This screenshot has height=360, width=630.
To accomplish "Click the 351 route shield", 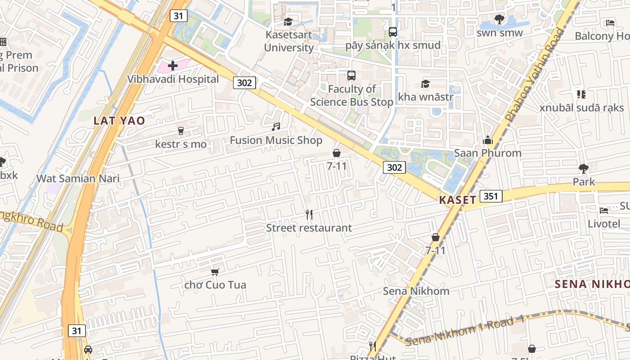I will coord(491,196).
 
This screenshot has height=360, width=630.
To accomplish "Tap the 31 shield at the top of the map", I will coord(179,16).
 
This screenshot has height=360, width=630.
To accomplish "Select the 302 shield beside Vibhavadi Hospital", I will coord(245,82).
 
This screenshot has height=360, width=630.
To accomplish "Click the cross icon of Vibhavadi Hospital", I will coord(172,66).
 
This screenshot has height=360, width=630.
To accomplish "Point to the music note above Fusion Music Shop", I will coord(276,127).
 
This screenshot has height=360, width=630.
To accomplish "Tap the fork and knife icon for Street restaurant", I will coord(309,215).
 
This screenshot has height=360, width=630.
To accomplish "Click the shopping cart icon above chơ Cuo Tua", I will coord(215,272).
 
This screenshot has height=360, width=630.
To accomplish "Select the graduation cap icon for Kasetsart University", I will coord(288,22).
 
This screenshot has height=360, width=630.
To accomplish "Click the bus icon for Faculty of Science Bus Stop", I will coord(351,76).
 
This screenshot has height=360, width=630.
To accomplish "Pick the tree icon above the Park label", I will coord(584,169).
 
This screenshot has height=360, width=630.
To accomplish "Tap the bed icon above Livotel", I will coord(604,210).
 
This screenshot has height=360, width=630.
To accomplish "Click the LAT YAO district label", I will coord(119,121).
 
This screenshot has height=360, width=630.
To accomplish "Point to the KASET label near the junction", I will coord(458,200).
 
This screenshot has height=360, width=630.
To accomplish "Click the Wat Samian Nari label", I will coord(78,178).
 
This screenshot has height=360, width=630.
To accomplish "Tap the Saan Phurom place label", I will coord(487,153).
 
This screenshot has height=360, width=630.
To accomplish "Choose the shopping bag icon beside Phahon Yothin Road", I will coord(435,237).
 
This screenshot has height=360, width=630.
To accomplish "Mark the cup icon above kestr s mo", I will coord(181,131).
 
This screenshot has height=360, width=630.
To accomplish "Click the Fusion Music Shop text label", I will coord(276,140).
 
